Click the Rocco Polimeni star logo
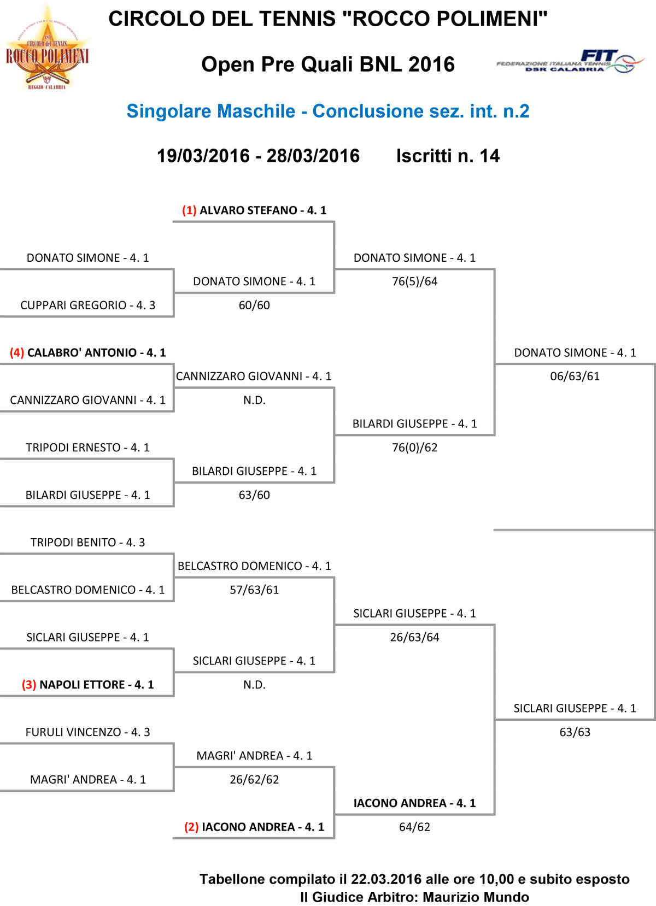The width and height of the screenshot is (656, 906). [47, 47]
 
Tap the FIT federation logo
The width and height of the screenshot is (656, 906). [570, 61]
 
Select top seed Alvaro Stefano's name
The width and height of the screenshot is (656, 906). [254, 210]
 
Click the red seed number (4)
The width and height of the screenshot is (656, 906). [17, 352]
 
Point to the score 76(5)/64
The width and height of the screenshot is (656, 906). [415, 281]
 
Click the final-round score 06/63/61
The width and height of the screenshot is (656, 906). [575, 376]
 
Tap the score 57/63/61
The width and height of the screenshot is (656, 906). [254, 590]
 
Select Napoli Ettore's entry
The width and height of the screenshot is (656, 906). [88, 685]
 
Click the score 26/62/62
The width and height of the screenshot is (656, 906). [254, 780]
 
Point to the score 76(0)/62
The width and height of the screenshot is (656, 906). [415, 448]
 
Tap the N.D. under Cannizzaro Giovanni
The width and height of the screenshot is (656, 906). [254, 401]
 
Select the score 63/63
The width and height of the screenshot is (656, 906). [575, 732]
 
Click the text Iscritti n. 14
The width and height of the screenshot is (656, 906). [448, 156]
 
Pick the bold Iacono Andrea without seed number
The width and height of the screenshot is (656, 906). [415, 803]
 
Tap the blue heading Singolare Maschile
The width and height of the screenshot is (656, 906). [211, 111]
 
